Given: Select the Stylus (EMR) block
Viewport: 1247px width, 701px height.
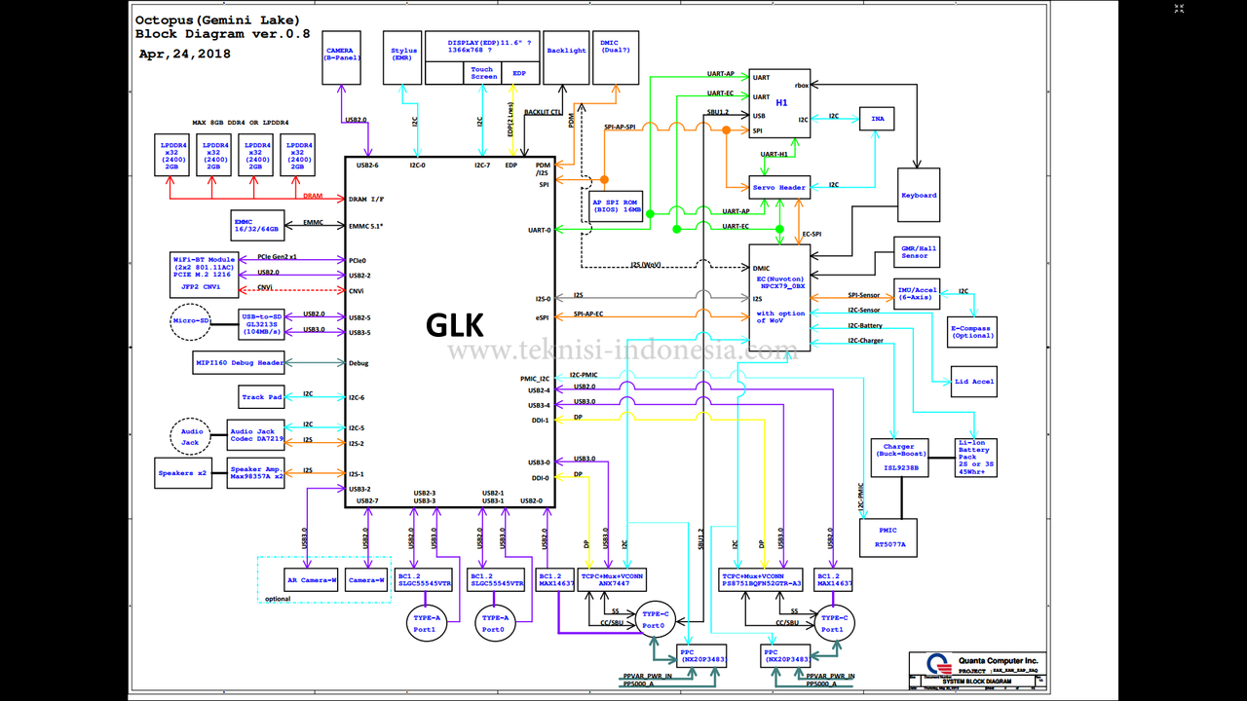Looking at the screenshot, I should click(x=403, y=56).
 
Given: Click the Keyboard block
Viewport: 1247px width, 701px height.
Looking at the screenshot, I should click(x=918, y=196).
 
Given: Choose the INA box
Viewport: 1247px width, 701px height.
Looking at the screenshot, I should click(x=876, y=118).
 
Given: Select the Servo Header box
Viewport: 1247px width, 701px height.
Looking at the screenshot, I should click(x=778, y=187).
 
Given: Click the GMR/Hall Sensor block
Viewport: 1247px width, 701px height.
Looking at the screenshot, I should click(x=915, y=252).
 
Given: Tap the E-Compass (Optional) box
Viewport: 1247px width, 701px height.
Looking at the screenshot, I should click(x=971, y=332).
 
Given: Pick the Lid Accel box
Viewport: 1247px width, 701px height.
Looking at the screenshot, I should click(x=974, y=382).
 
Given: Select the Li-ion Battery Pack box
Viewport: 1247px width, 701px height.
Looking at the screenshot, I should click(x=975, y=458).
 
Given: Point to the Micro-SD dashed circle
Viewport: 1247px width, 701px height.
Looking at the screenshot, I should click(x=191, y=321).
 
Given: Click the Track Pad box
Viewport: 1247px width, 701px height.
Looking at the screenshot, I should click(x=261, y=397).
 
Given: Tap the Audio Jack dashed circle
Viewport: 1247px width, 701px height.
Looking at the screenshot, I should click(x=192, y=437).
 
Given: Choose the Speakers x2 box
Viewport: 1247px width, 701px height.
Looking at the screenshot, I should click(x=183, y=473).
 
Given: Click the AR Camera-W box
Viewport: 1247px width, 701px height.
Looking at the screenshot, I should click(x=312, y=581).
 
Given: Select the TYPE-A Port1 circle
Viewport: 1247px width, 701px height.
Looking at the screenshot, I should click(x=425, y=623).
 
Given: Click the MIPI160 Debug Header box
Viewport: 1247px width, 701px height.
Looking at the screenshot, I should click(x=241, y=363).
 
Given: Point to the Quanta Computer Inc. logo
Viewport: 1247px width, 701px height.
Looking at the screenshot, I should click(x=937, y=663).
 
